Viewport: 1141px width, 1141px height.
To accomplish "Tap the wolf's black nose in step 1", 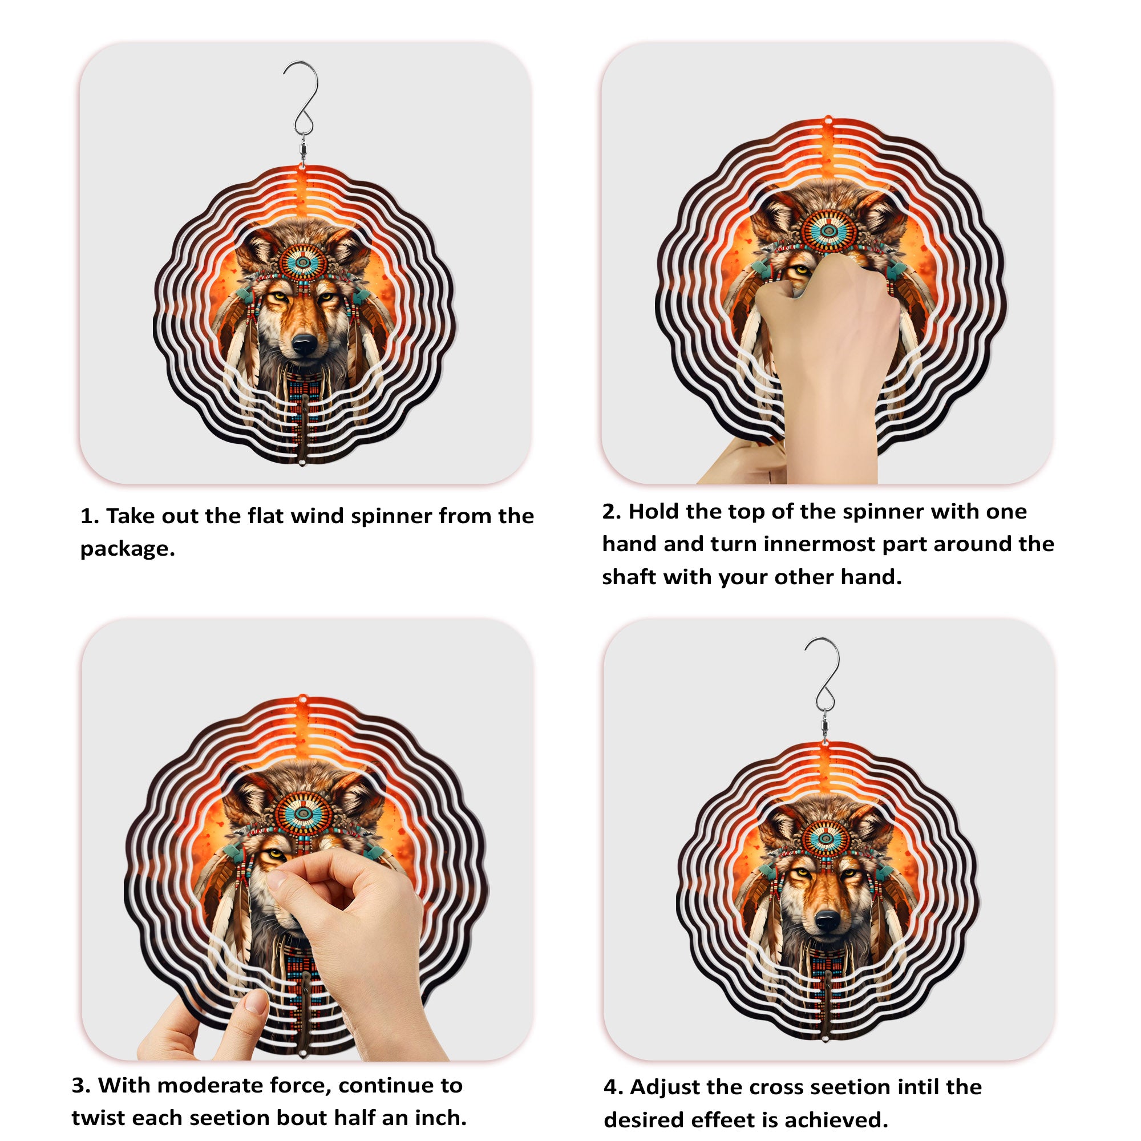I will click(305, 343).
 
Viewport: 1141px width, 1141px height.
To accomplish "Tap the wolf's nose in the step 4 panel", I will click(826, 920).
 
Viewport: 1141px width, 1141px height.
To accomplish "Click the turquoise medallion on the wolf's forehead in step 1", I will click(303, 261).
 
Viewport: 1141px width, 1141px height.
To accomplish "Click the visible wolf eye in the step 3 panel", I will click(276, 856).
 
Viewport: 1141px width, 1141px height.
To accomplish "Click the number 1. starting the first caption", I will click(89, 516).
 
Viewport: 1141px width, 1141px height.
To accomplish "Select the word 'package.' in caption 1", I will click(128, 549).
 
